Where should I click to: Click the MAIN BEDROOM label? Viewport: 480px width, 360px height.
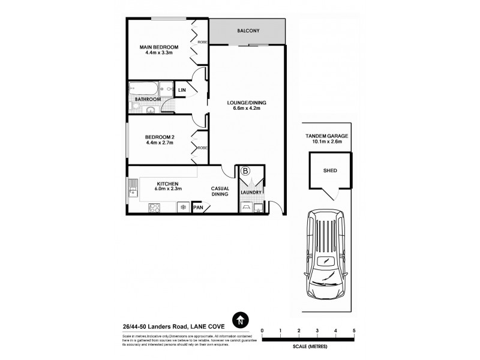[x=159, y=47]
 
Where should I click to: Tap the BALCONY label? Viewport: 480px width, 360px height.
[x=248, y=30]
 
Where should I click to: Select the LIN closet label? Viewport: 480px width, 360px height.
[x=182, y=91]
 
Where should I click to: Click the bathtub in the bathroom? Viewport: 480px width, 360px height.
[x=144, y=89]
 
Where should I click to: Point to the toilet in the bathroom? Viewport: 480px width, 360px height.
[x=136, y=106]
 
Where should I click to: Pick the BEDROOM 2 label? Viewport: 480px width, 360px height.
[x=159, y=137]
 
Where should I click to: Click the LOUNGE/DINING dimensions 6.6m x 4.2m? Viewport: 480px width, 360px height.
[x=247, y=109]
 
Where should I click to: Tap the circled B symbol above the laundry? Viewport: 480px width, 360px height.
[x=245, y=171]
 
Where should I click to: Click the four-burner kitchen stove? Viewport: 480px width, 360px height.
[x=154, y=208]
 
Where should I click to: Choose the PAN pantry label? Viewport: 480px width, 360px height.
[x=197, y=208]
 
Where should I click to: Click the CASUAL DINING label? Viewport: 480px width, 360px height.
[x=220, y=191]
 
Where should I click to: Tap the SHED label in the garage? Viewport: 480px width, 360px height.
[x=329, y=170]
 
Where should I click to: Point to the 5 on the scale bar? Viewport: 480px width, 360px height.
[x=355, y=331]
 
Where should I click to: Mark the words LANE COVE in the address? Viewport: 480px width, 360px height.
[x=210, y=326]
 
